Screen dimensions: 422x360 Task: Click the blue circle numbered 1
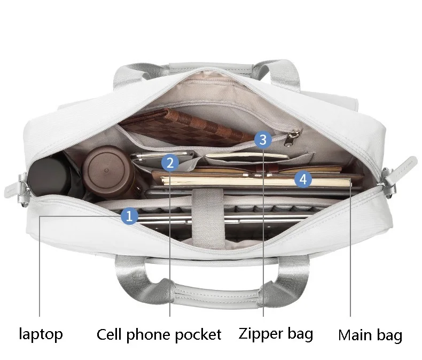pyautogui.click(x=129, y=216)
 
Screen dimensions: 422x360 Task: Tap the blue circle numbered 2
pyautogui.click(x=170, y=163)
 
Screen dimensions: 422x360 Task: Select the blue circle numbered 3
pyautogui.click(x=263, y=139)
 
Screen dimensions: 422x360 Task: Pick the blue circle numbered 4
pyautogui.click(x=303, y=179)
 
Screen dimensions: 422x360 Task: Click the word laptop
pyautogui.click(x=41, y=334)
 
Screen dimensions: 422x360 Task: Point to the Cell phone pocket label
pyautogui.click(x=159, y=334)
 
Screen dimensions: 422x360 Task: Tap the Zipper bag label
pyautogui.click(x=276, y=334)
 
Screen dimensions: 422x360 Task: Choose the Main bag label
pyautogui.click(x=370, y=335)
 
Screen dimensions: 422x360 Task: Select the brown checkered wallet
pyautogui.click(x=186, y=127)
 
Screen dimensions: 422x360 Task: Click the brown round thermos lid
pyautogui.click(x=108, y=170)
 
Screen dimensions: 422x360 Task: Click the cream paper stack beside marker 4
pyautogui.click(x=256, y=182)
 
